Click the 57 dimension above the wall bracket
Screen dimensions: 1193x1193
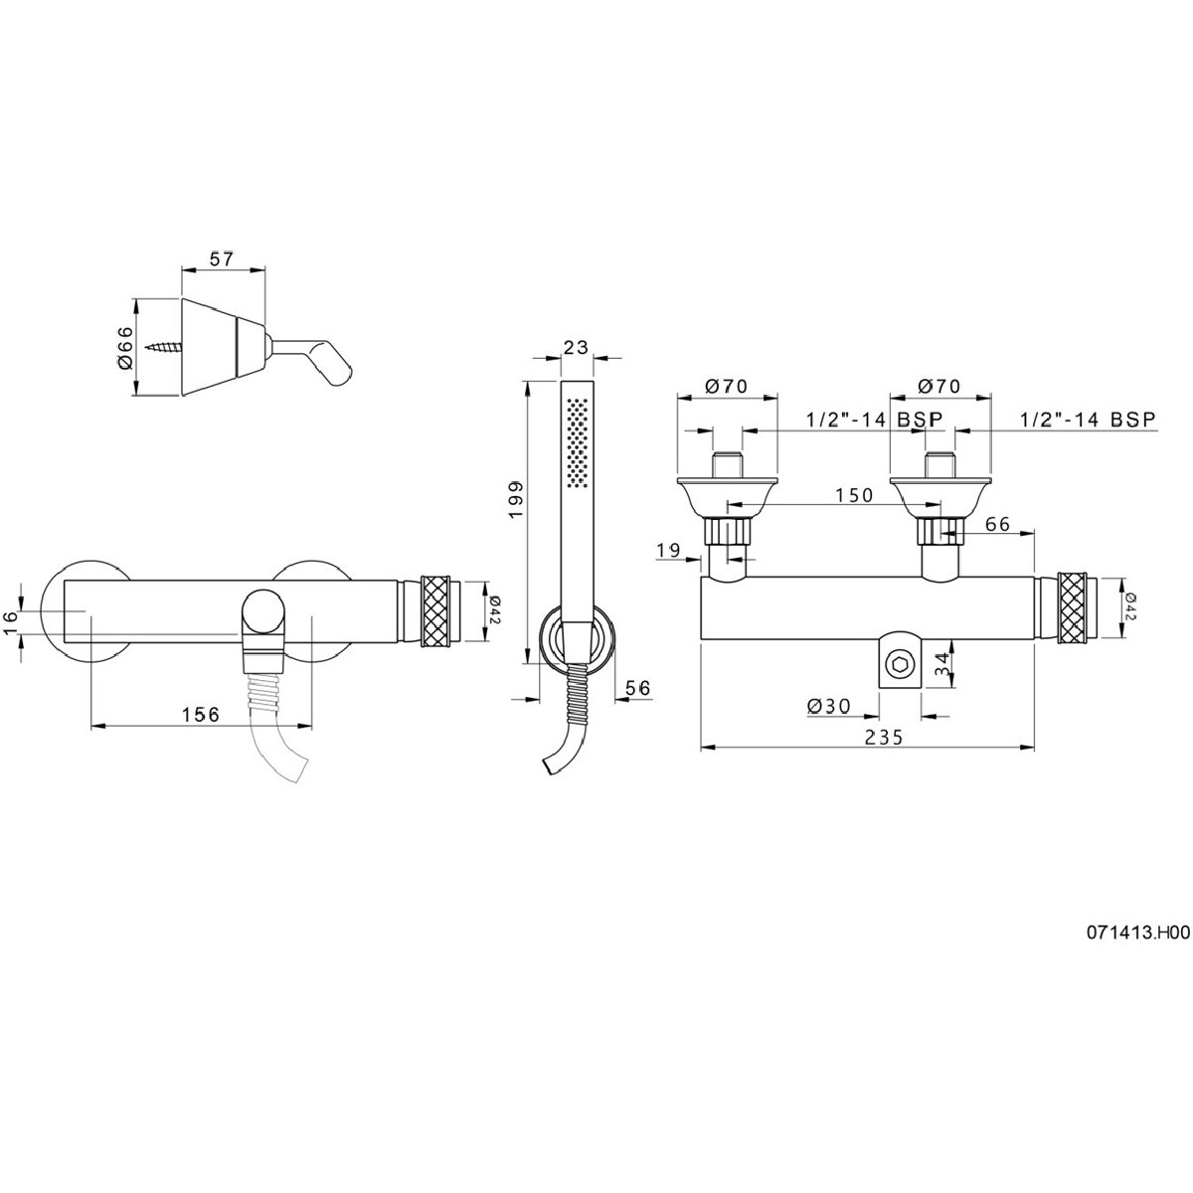click(223, 258)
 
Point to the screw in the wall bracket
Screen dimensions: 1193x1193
click(164, 347)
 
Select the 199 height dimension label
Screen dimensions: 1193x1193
click(516, 500)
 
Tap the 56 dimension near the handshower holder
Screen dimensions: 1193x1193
click(637, 688)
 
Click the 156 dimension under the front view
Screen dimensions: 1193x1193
click(201, 715)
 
